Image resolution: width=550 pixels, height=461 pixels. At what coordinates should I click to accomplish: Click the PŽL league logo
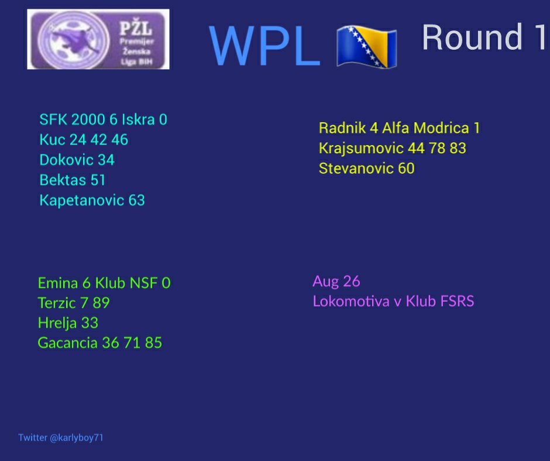(98, 39)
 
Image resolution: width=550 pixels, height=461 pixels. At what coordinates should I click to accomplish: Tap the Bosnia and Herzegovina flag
(366, 46)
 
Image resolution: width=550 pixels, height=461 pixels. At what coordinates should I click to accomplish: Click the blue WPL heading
(265, 46)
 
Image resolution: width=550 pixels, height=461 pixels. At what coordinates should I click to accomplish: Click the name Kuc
(52, 140)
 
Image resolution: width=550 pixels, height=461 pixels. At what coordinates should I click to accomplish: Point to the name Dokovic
(66, 160)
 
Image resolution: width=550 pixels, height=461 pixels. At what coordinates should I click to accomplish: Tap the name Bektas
(63, 180)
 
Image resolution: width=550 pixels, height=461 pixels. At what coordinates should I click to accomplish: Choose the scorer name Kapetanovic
(82, 200)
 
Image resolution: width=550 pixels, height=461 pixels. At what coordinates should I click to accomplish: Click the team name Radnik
(342, 128)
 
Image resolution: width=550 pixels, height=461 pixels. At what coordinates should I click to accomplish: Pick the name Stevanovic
(356, 168)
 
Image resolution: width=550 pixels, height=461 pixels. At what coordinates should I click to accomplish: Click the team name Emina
(58, 283)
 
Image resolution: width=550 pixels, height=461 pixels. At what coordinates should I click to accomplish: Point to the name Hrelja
(57, 323)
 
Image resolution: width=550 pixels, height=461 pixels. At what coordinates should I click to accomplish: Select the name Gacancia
(68, 343)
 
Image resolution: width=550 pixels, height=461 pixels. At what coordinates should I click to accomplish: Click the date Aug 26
(336, 281)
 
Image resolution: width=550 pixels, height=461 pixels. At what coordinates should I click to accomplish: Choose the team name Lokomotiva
(351, 301)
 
